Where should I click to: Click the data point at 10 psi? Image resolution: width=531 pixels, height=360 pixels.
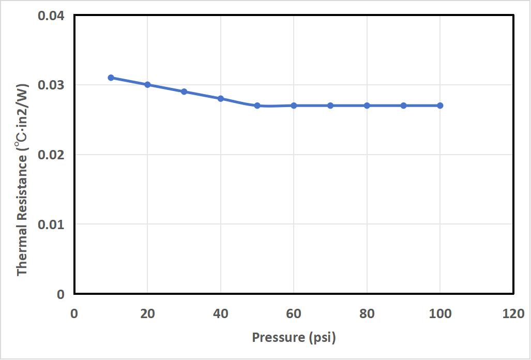[x=111, y=78]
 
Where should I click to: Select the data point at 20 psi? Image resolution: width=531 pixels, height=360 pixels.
[x=147, y=84]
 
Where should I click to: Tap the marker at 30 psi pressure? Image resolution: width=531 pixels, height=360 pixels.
[x=184, y=92]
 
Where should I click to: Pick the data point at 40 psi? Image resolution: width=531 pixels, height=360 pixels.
[x=221, y=98]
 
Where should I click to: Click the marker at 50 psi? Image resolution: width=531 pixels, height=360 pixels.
[x=257, y=106]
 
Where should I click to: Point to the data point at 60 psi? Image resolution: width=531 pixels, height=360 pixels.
[x=294, y=106]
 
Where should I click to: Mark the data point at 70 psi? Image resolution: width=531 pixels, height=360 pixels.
[x=330, y=106]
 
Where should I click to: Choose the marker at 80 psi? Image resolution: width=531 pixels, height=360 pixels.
[x=367, y=106]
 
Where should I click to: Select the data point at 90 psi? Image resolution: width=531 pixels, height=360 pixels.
[x=403, y=106]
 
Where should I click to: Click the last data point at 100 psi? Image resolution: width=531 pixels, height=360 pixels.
[x=440, y=106]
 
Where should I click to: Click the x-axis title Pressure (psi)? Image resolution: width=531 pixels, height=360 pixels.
[x=294, y=338]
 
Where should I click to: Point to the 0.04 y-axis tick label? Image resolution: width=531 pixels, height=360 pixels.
[x=51, y=16]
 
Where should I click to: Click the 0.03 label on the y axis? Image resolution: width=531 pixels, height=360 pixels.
[x=51, y=85]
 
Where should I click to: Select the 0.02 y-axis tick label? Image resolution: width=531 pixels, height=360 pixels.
[x=51, y=155]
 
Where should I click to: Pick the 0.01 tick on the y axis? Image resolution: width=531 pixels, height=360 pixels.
[x=51, y=224]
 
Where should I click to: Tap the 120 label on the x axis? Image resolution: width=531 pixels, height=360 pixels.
[x=513, y=313]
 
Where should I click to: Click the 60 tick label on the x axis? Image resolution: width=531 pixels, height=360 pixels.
[x=294, y=313]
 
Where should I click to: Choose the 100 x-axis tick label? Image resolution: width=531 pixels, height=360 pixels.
[x=440, y=313]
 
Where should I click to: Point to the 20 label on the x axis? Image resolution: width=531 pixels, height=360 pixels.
[x=147, y=313]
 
